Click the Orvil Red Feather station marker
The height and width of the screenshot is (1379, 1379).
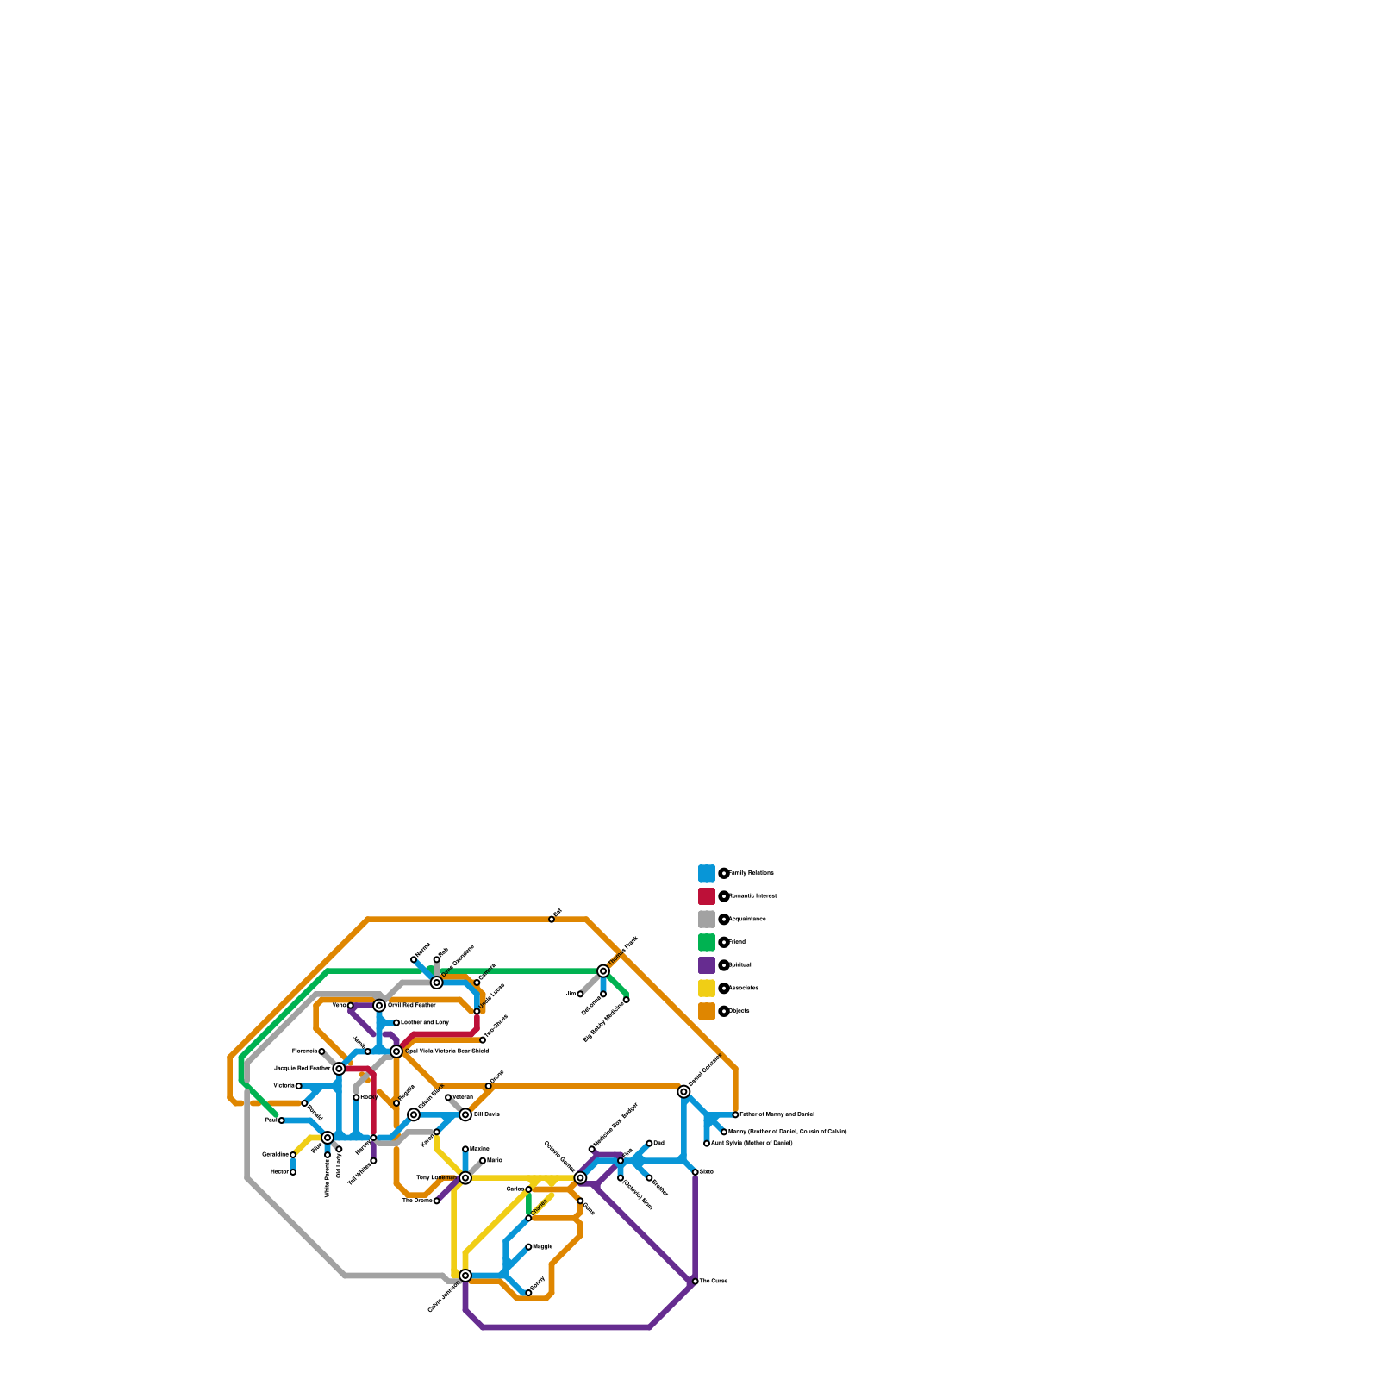click(x=379, y=1006)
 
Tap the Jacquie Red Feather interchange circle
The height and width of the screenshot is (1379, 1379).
click(x=339, y=1069)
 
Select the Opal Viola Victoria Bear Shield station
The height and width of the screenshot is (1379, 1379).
click(x=396, y=1051)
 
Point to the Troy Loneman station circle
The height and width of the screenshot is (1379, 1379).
click(x=465, y=1178)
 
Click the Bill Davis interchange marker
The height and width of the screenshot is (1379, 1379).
click(x=465, y=1115)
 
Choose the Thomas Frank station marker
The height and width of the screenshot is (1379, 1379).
click(x=603, y=971)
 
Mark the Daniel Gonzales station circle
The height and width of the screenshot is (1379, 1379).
click(x=683, y=1092)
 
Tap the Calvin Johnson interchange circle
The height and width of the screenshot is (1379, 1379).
click(x=465, y=1276)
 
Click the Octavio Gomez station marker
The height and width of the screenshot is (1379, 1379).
click(x=580, y=1178)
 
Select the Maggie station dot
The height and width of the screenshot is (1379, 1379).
click(x=528, y=1247)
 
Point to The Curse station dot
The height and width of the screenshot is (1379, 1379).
click(x=696, y=1282)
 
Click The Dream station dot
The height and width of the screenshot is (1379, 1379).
click(x=437, y=1201)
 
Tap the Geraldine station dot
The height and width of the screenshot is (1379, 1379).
click(x=293, y=1155)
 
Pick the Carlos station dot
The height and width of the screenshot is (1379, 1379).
click(x=528, y=1189)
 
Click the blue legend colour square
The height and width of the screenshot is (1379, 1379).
click(x=707, y=873)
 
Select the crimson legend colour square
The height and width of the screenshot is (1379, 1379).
click(x=707, y=896)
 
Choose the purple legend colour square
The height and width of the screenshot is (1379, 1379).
click(x=707, y=965)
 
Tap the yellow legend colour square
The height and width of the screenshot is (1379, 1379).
click(x=707, y=989)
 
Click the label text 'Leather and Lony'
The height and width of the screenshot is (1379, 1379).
click(x=424, y=1023)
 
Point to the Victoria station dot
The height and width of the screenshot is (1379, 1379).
click(x=299, y=1086)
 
